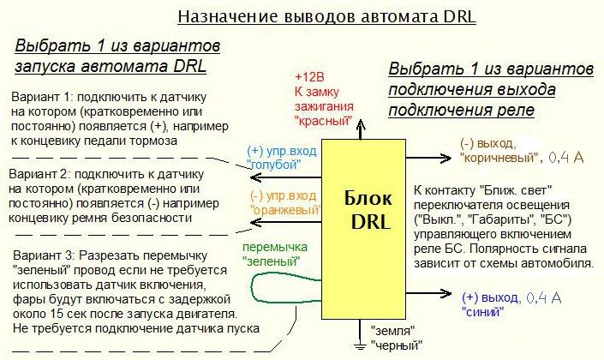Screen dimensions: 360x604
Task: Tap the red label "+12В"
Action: click(311, 75)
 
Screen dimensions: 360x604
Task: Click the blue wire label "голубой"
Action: click(276, 165)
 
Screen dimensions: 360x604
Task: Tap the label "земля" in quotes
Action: click(393, 330)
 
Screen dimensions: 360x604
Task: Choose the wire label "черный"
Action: click(397, 345)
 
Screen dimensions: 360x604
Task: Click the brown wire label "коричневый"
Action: click(501, 158)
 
